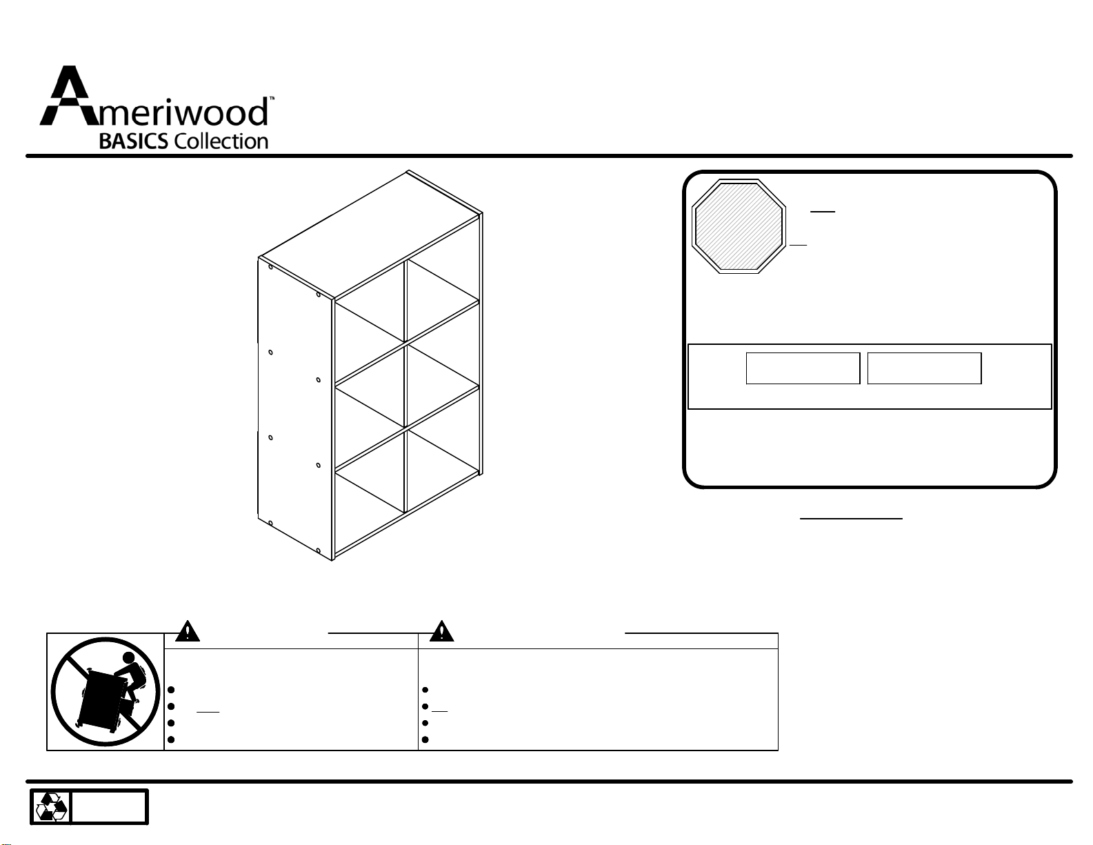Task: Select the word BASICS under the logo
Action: point(134,141)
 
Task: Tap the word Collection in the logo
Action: point(221,141)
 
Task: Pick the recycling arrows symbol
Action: point(52,807)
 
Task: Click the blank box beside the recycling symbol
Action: point(109,807)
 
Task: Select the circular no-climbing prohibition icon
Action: point(105,692)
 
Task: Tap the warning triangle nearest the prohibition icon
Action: point(187,632)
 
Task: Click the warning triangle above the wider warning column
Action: point(441,632)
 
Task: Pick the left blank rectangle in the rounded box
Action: point(803,368)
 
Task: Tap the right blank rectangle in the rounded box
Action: point(924,368)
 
